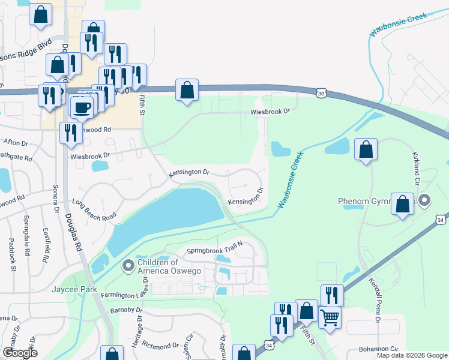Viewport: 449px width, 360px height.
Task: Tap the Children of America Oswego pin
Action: pos(127,265)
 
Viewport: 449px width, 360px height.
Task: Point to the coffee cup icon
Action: pos(82,107)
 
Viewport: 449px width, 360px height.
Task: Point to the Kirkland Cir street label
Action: pos(415,167)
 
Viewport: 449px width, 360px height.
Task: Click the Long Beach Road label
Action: pos(94,209)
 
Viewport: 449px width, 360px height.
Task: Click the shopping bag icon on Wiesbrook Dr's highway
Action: pos(187,91)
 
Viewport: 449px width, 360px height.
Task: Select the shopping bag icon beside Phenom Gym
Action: pos(403,204)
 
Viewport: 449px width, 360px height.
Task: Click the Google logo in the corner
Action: pos(20,353)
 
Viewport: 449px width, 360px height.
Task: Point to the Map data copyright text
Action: pos(412,355)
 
